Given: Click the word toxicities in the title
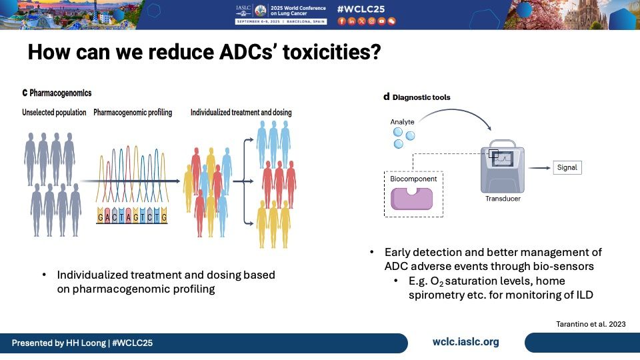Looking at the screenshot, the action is pyautogui.click(x=331, y=52).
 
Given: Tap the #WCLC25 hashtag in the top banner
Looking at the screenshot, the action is pyautogui.click(x=361, y=9).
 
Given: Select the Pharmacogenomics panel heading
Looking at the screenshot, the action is pyautogui.click(x=57, y=93).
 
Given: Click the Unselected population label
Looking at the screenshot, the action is pyautogui.click(x=54, y=112).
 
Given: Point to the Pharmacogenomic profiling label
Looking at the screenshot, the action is pyautogui.click(x=133, y=112).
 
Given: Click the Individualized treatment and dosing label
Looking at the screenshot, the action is pyautogui.click(x=241, y=112).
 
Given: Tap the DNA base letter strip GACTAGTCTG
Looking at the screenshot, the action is pyautogui.click(x=132, y=216).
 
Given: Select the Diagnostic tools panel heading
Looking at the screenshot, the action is pyautogui.click(x=417, y=97).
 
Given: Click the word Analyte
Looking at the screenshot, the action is pyautogui.click(x=402, y=121).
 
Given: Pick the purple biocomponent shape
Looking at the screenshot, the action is pyautogui.click(x=411, y=199).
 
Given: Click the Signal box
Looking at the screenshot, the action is pyautogui.click(x=567, y=167).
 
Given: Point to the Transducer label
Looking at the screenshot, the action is pyautogui.click(x=503, y=199).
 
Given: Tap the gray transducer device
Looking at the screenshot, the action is pyautogui.click(x=502, y=167).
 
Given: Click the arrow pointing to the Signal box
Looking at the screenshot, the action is pyautogui.click(x=539, y=168).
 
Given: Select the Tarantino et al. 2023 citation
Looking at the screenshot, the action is pyautogui.click(x=591, y=324).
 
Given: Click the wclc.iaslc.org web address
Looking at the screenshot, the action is pyautogui.click(x=466, y=342).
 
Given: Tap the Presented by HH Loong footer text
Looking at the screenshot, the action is pyautogui.click(x=82, y=343).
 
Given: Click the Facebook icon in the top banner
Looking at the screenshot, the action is pyautogui.click(x=341, y=21).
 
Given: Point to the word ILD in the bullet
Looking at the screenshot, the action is pyautogui.click(x=584, y=295).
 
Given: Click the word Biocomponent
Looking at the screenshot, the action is pyautogui.click(x=413, y=179).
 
